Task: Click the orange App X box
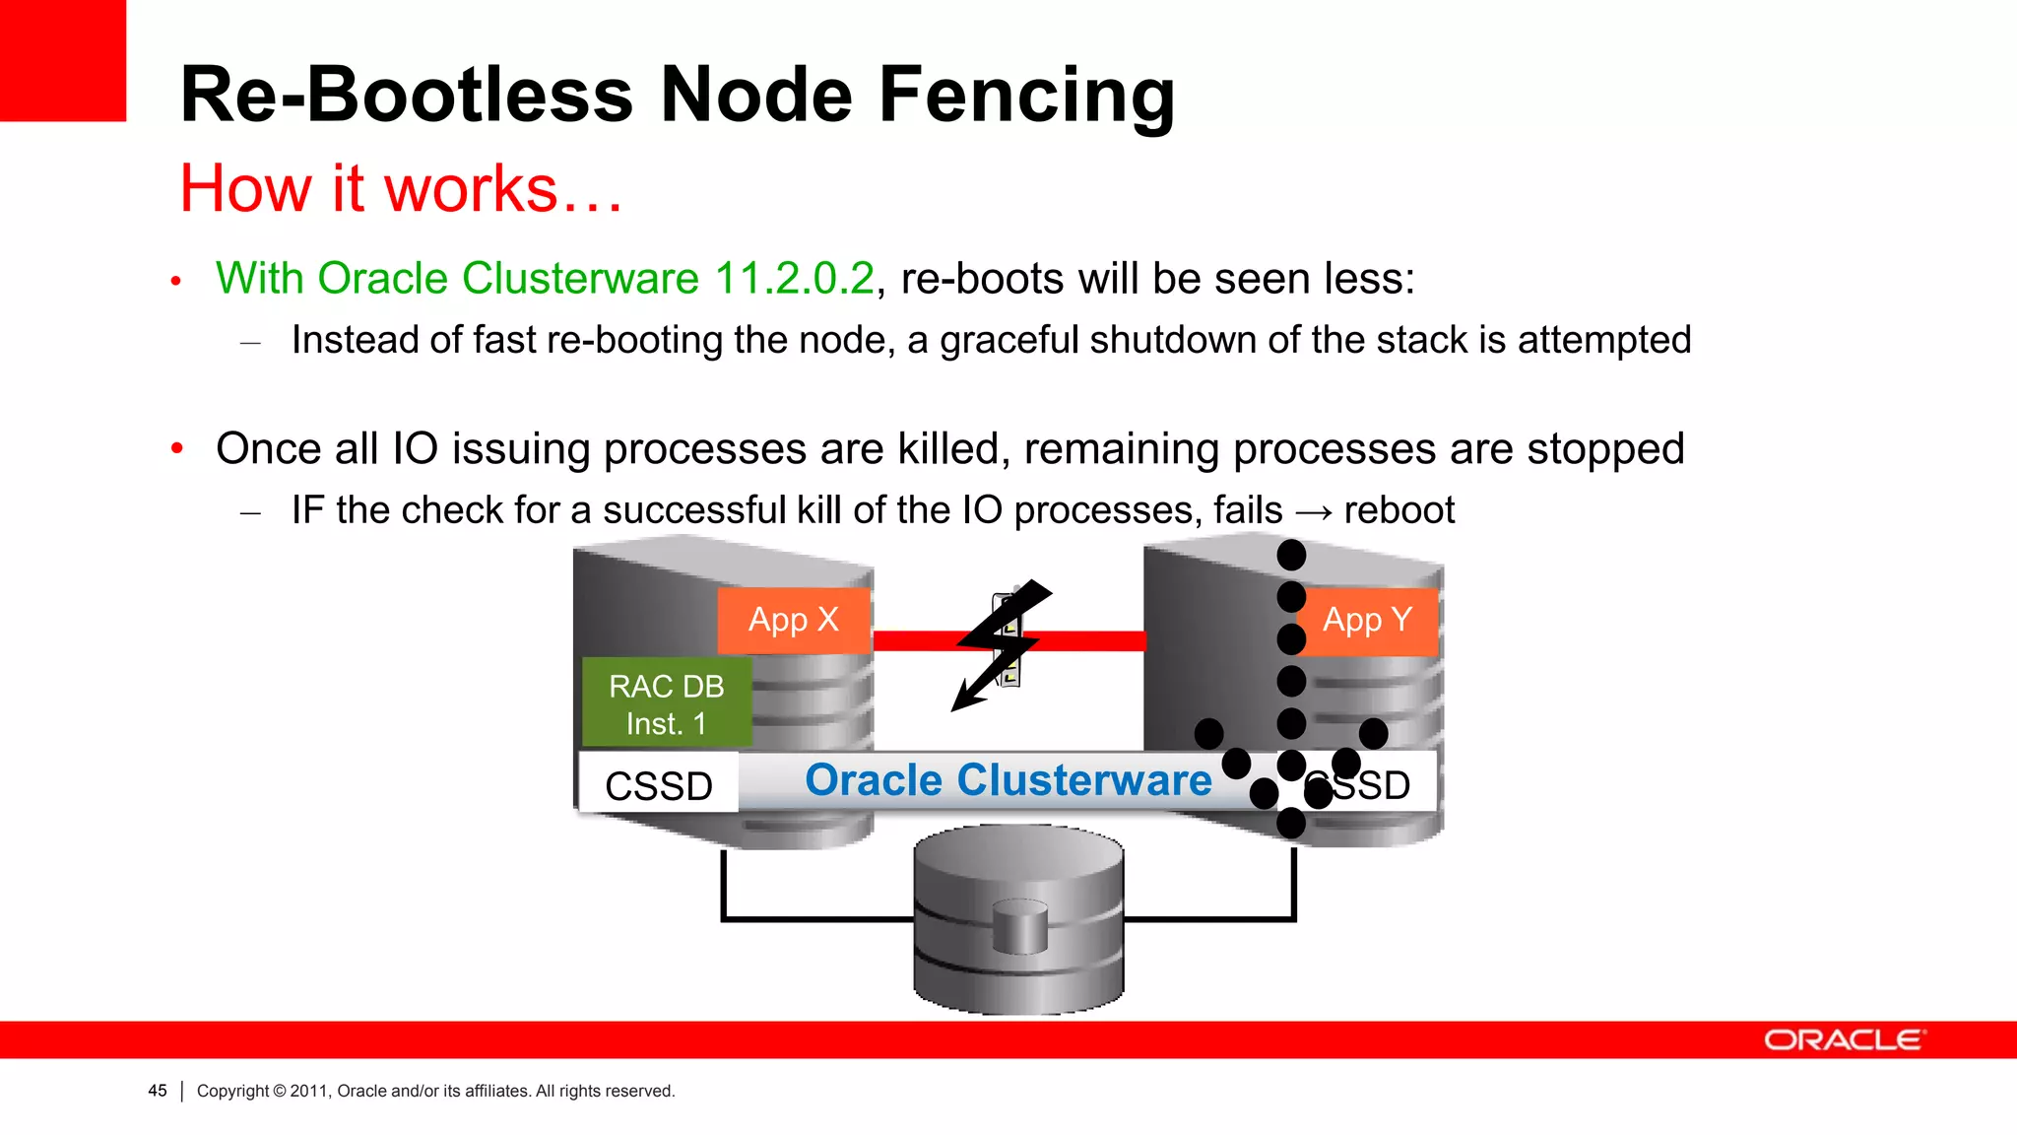click(793, 621)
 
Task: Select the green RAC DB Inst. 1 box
click(667, 703)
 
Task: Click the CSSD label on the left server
click(658, 785)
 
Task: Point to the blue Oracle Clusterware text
click(1008, 780)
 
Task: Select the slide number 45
click(158, 1091)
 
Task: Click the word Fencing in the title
click(1026, 96)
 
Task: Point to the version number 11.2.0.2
click(794, 279)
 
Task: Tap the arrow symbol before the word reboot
click(1314, 511)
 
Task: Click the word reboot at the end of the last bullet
click(1399, 510)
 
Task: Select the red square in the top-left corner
click(62, 59)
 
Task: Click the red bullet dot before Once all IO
click(177, 449)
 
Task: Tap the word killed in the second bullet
click(952, 449)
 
